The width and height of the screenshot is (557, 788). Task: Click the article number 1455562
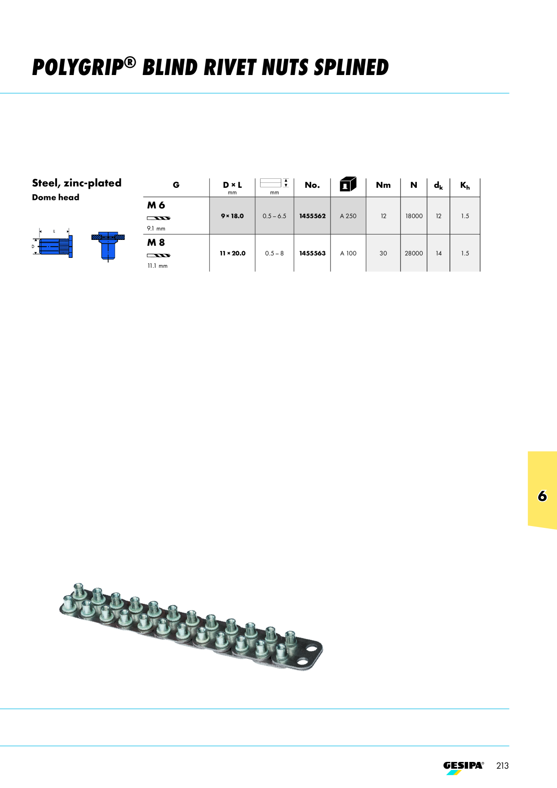point(312,216)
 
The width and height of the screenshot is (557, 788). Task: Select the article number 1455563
point(312,253)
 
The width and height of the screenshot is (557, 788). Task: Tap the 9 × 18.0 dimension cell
point(232,216)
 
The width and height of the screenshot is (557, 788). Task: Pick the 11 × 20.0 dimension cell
point(232,253)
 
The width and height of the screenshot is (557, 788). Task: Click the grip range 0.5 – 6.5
point(274,216)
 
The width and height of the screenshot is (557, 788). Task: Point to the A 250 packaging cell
point(348,216)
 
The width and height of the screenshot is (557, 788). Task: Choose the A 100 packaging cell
point(348,253)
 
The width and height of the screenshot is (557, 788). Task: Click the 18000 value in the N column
point(414,216)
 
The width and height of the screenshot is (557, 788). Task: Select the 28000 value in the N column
point(414,253)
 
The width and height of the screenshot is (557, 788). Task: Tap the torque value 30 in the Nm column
point(383,253)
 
